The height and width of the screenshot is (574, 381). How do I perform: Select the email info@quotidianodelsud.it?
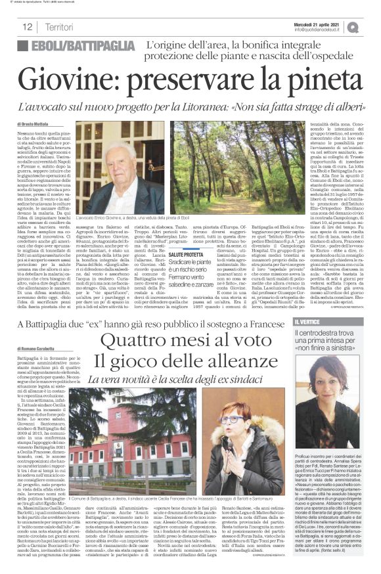click(x=322, y=30)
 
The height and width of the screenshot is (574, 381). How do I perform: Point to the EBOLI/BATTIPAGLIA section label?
click(x=76, y=46)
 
